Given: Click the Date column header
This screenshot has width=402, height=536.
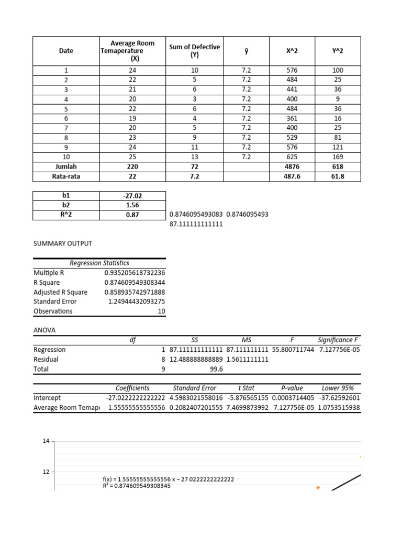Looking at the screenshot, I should pos(66,51).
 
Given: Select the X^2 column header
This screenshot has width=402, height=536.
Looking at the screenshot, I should pos(292,51).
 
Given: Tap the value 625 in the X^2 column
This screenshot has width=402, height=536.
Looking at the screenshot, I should pos(292,157).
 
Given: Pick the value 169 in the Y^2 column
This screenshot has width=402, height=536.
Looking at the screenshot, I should pos(338,157).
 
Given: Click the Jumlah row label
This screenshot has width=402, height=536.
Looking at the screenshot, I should pos(66,166).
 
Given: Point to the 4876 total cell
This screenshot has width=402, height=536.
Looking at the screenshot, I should pos(292,166).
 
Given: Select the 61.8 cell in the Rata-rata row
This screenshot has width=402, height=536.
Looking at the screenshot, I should pos(338,176).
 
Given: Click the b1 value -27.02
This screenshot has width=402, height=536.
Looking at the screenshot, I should pos(132,195).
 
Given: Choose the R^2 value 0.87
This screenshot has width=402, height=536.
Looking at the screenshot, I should pos(132,215).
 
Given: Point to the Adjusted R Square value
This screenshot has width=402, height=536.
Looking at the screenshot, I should pos(135,292).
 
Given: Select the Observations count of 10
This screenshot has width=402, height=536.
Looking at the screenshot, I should pos(161,311).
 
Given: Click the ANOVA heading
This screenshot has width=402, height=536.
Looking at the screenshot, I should pos(44,330).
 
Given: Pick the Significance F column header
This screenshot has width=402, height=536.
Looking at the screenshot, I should pos(339,340).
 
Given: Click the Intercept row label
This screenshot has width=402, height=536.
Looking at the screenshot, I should pos(47,398).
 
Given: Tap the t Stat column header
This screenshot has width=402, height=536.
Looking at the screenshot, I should pos(246,388).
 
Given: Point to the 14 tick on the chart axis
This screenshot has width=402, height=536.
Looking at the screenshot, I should pos(46,441).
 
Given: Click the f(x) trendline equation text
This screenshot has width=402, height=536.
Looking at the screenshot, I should pos(168,479).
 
